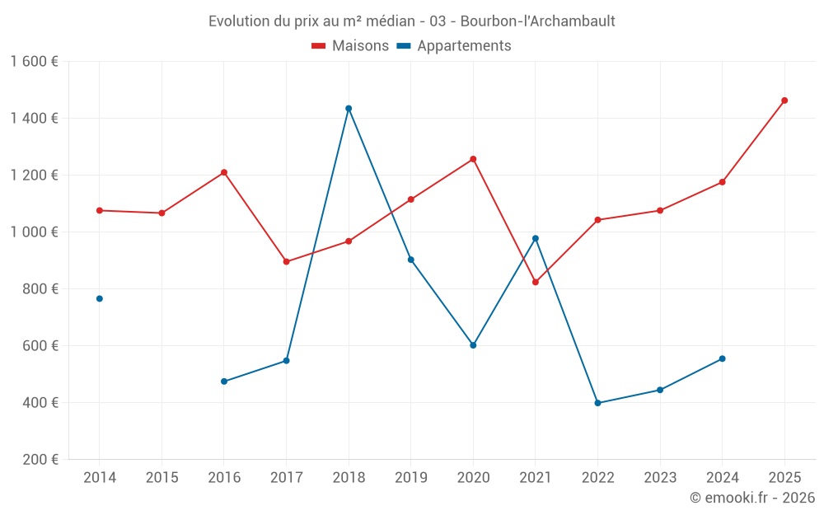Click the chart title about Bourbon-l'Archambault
(411, 21)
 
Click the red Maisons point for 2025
(784, 101)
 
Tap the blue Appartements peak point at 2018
(349, 108)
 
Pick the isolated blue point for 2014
(100, 298)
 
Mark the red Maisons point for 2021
(536, 282)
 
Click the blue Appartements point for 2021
(536, 238)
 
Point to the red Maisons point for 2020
(473, 159)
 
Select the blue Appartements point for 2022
(597, 403)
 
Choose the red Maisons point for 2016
(224, 172)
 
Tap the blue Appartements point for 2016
(224, 382)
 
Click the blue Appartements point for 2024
(723, 358)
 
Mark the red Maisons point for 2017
(286, 262)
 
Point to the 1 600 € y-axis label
(35, 62)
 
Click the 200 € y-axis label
(41, 460)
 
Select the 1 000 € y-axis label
(35, 232)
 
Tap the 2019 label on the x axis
(410, 478)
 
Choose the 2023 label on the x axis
(660, 478)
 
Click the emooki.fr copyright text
(751, 498)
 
